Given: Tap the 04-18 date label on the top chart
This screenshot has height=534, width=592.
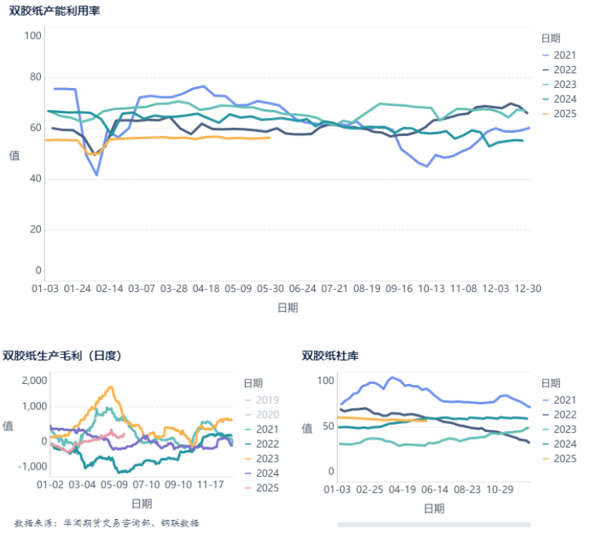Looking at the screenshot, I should coord(206,289).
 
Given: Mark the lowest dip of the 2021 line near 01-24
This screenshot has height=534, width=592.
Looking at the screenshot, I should coord(97,174).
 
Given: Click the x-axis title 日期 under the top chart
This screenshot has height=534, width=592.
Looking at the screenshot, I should coord(287,308).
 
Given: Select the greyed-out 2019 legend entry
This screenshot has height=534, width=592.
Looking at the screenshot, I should coord(267,400).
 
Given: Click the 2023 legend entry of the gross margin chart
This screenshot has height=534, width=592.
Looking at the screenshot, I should coord(267,459).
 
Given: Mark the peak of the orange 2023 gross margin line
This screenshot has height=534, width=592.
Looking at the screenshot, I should coord(111,387).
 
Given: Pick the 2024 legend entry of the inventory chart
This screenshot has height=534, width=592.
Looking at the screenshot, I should coord(564,444).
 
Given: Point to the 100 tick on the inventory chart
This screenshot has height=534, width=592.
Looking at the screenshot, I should coord(325,381).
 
